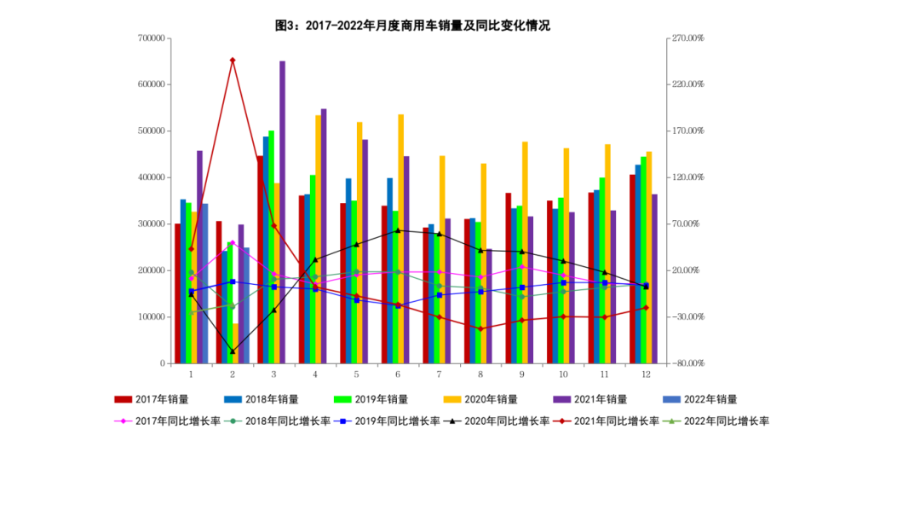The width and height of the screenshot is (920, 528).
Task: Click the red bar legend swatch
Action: (124, 399)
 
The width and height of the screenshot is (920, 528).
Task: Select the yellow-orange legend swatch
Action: (452, 399)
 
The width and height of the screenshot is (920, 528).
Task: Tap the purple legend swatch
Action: (562, 399)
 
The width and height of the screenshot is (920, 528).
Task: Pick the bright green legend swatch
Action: (342, 399)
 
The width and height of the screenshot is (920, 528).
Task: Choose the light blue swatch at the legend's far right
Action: (671, 399)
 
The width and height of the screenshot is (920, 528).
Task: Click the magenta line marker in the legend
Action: (124, 421)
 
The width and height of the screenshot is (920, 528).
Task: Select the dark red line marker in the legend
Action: (561, 421)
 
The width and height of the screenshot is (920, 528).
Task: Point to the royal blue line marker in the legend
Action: (342, 421)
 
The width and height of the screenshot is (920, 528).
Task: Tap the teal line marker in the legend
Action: (233, 421)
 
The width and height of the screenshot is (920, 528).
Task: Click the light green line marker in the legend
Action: (671, 421)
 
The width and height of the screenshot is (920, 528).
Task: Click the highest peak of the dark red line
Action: (233, 60)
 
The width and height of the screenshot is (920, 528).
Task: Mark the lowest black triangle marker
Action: (233, 351)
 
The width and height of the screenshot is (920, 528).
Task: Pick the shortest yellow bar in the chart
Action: (235, 343)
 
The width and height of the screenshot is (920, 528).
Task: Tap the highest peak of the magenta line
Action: (233, 242)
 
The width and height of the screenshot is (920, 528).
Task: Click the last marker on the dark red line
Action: (646, 308)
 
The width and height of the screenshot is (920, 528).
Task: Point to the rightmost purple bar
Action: (654, 278)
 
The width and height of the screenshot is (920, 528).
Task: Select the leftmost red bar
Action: (176, 293)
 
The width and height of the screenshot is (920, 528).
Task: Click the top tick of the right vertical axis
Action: (669, 38)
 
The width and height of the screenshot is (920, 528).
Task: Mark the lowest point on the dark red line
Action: (480, 328)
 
